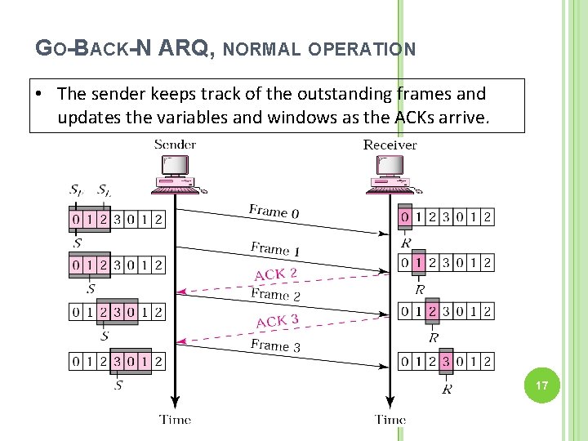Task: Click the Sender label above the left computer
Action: (175, 145)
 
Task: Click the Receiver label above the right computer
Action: (390, 145)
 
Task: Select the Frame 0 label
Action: (274, 212)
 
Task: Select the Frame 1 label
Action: (275, 248)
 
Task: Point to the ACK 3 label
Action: (278, 321)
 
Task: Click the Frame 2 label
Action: (275, 294)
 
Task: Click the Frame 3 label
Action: (275, 345)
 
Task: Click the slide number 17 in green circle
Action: (541, 385)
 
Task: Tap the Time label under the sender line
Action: (175, 420)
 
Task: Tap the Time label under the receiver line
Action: (390, 420)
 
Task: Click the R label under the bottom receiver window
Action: (447, 390)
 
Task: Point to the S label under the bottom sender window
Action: (119, 384)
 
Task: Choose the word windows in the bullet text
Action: (265, 117)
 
